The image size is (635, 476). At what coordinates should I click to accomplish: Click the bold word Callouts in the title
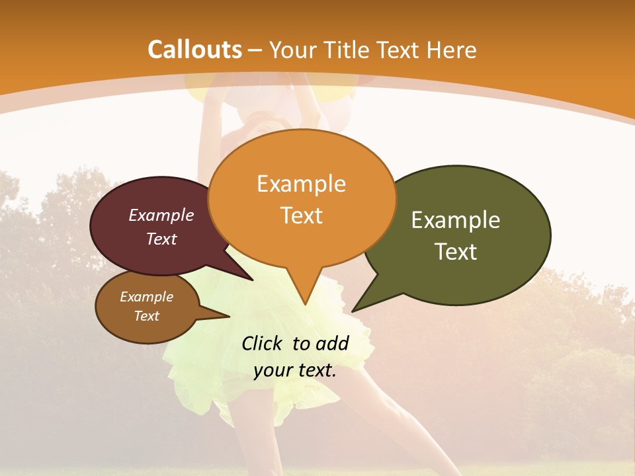click(194, 50)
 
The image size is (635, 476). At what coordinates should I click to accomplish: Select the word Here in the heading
click(452, 50)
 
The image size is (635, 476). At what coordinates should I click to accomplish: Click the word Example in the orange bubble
click(301, 184)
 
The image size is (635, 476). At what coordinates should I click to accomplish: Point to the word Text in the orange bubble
click(301, 216)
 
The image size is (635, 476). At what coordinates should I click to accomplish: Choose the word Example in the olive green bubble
click(456, 220)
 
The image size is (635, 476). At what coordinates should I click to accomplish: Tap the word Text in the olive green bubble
click(456, 252)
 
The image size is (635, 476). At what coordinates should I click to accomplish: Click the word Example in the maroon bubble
click(161, 215)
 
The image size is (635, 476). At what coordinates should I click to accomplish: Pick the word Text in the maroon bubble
click(161, 239)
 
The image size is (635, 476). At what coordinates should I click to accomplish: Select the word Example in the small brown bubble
click(147, 297)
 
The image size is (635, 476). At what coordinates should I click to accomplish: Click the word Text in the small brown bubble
click(147, 316)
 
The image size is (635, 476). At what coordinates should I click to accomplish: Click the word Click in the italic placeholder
click(263, 343)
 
